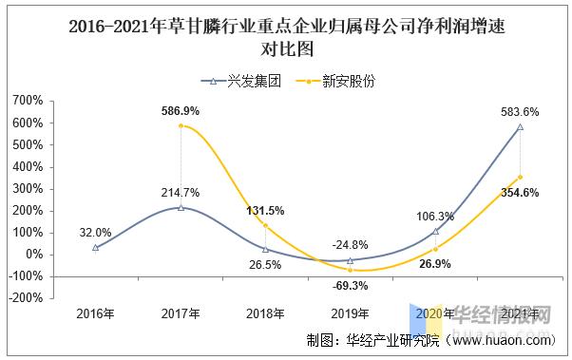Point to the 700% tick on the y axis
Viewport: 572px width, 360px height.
(x=28, y=101)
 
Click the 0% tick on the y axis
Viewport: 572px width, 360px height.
(x=33, y=254)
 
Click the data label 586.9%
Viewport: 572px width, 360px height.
(x=180, y=111)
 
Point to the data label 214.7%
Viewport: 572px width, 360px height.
(x=181, y=192)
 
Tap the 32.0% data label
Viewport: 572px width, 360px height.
(x=96, y=231)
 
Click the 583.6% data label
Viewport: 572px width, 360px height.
(x=520, y=111)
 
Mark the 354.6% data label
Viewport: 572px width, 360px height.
(x=519, y=193)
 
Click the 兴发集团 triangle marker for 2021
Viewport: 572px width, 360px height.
(x=520, y=126)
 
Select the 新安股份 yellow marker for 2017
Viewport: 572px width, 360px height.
(x=181, y=125)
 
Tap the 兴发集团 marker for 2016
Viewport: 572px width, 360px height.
(x=96, y=247)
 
